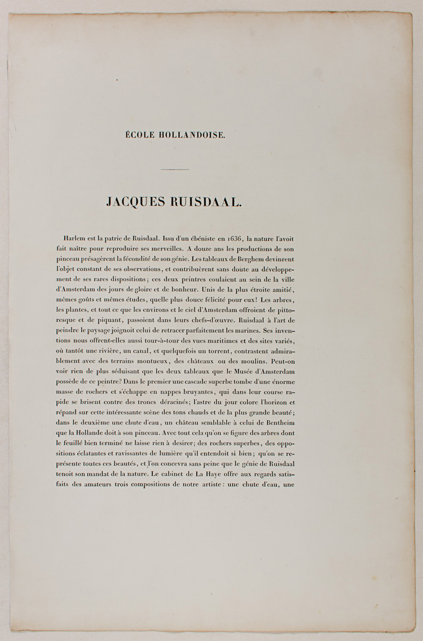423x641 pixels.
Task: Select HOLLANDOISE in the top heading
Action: [192, 136]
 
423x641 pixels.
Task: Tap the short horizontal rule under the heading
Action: [175, 170]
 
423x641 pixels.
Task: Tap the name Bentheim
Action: [278, 422]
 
